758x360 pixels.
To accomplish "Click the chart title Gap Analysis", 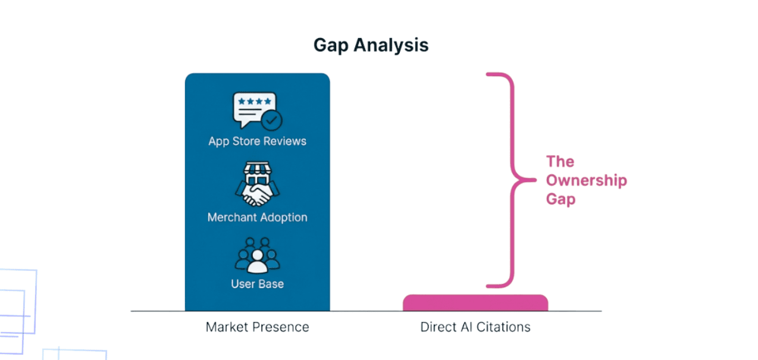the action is pyautogui.click(x=371, y=45).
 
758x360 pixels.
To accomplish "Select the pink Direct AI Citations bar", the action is pyautogui.click(x=475, y=302).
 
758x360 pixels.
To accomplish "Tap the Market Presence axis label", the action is pyautogui.click(x=257, y=327).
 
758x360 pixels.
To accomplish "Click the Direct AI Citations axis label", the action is pyautogui.click(x=475, y=327).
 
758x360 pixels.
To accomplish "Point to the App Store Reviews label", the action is pyautogui.click(x=257, y=141).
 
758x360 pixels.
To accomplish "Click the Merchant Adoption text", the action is pyautogui.click(x=257, y=217).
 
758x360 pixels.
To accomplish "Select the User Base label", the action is pyautogui.click(x=257, y=283).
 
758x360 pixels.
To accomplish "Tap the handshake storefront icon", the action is pyautogui.click(x=257, y=184).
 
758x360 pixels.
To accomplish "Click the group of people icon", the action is pyautogui.click(x=257, y=255).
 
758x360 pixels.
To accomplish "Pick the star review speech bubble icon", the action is pyautogui.click(x=257, y=111).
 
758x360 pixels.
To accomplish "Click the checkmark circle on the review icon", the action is pyautogui.click(x=271, y=120).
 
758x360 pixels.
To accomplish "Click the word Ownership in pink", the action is pyautogui.click(x=587, y=180).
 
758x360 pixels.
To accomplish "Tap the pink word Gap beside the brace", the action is pyautogui.click(x=560, y=199).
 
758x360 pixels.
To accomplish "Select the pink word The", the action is pyautogui.click(x=560, y=161).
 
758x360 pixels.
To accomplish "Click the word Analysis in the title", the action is pyautogui.click(x=391, y=45).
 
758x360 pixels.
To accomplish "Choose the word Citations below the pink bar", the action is pyautogui.click(x=503, y=327).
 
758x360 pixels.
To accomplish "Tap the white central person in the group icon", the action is pyautogui.click(x=258, y=262).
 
